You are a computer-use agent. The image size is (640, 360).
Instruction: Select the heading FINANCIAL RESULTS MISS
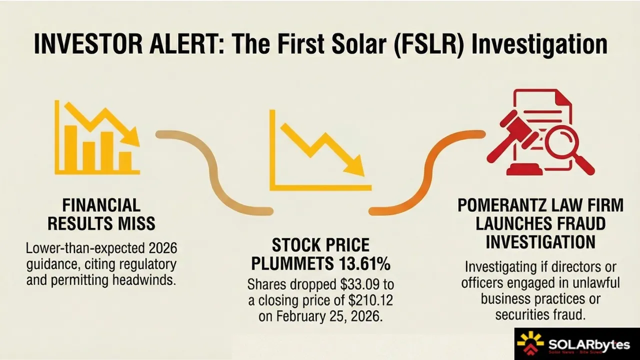pos(101,214)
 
